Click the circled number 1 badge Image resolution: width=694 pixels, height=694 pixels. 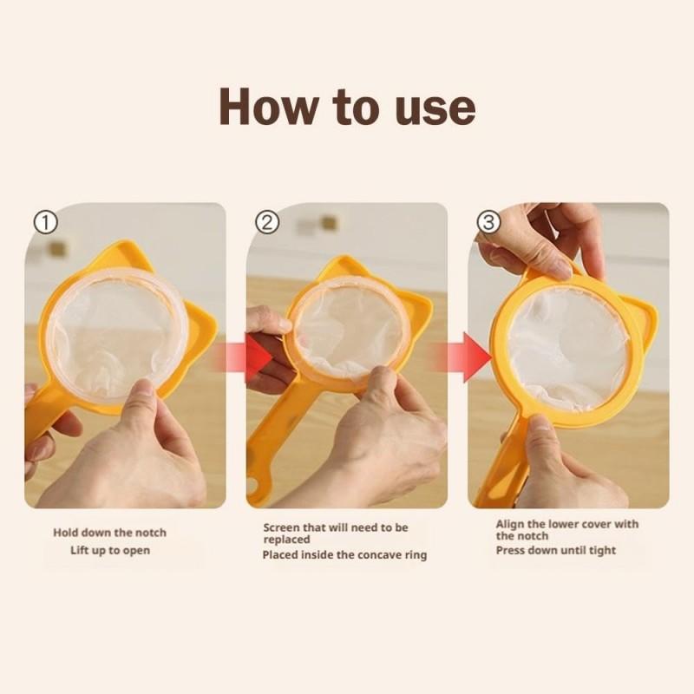click(45, 222)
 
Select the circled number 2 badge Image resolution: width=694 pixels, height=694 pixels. click(269, 222)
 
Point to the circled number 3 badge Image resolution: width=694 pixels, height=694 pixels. click(490, 222)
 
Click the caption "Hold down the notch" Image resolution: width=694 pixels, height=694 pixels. click(109, 533)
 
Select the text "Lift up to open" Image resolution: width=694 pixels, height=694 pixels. click(109, 551)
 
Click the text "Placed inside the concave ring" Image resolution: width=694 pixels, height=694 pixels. click(344, 555)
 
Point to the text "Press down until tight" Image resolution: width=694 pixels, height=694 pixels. click(555, 550)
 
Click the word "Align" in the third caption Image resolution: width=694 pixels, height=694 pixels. click(510, 524)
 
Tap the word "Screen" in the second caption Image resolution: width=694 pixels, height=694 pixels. click(282, 527)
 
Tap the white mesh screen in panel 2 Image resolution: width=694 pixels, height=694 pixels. click(347, 330)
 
